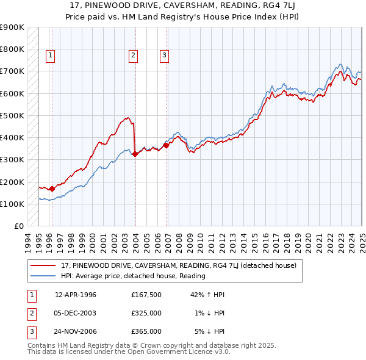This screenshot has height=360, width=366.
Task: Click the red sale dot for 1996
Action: coord(52,189)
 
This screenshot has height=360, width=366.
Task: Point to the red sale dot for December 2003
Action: coord(135,154)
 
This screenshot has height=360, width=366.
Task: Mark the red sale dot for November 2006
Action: coord(166,145)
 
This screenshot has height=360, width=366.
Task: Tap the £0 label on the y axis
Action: coord(18,226)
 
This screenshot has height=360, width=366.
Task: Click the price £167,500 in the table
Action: coord(146,295)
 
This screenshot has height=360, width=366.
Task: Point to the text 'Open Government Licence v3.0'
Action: coord(178,352)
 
